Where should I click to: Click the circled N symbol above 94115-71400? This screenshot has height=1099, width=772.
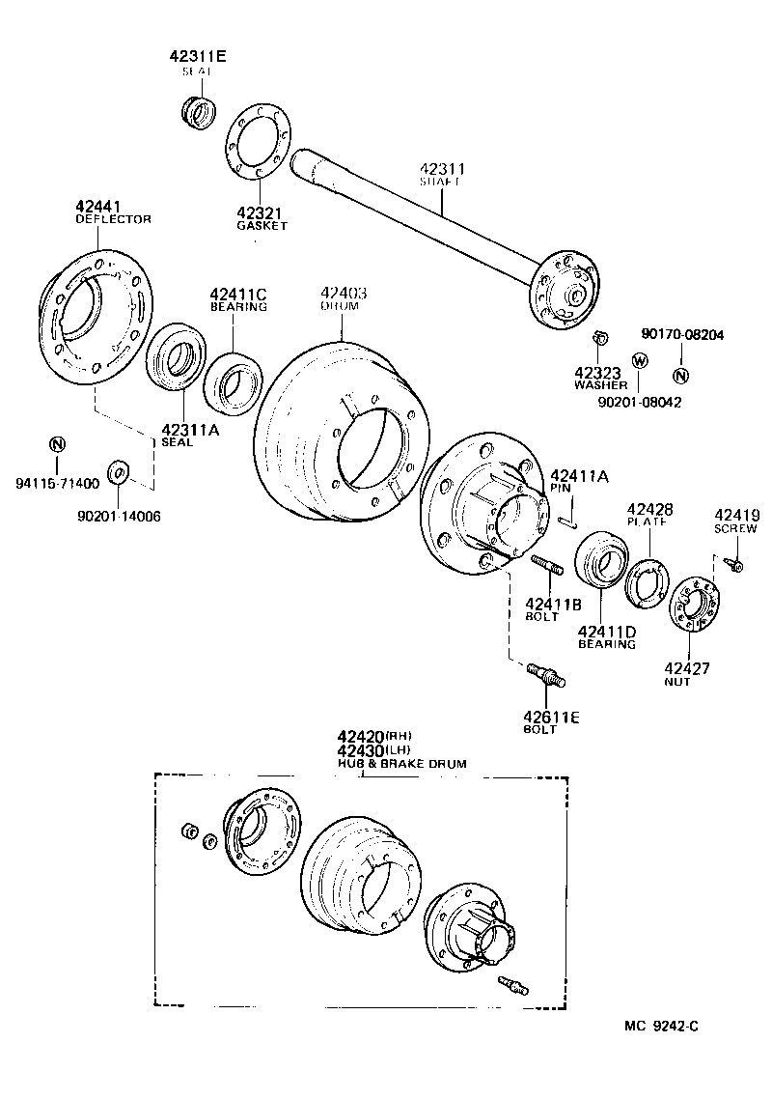(x=57, y=444)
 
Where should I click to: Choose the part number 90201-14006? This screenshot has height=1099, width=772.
(x=119, y=516)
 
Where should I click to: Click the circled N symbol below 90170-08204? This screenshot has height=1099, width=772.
(x=680, y=376)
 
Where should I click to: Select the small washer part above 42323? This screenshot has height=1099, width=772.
(x=598, y=338)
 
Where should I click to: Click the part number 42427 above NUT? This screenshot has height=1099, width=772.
(x=687, y=667)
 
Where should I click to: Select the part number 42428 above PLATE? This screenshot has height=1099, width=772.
(x=650, y=509)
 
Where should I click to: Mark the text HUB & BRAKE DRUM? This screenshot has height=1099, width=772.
(x=401, y=763)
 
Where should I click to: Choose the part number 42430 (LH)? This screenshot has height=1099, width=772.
(x=361, y=750)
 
